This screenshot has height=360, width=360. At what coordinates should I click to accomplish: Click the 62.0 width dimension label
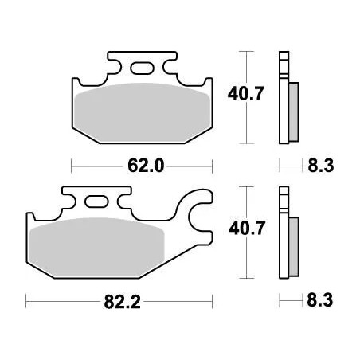pos(145,166)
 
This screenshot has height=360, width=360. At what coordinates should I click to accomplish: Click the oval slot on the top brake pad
pos(142,68)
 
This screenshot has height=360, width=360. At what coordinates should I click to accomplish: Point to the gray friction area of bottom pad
pos(96,247)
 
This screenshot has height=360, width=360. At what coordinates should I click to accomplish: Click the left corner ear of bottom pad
pos(31,219)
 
